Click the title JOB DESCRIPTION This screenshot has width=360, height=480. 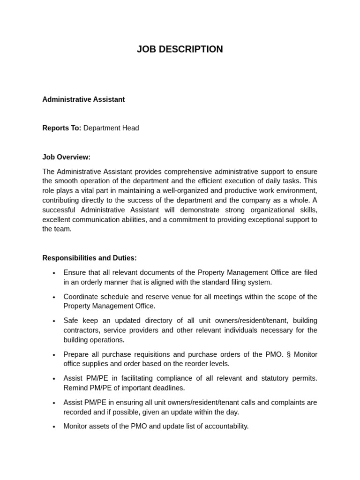180,49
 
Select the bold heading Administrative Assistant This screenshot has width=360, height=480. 83,99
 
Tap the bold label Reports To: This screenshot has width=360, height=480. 61,128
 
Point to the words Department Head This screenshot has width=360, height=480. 111,128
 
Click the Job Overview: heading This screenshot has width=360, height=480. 66,157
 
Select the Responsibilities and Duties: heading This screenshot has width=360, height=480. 90,258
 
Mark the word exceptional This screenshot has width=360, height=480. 265,219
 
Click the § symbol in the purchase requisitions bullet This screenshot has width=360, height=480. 288,354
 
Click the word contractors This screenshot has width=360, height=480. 81,330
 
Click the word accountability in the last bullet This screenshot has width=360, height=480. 225,426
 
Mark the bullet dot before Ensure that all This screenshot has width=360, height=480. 54,273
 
